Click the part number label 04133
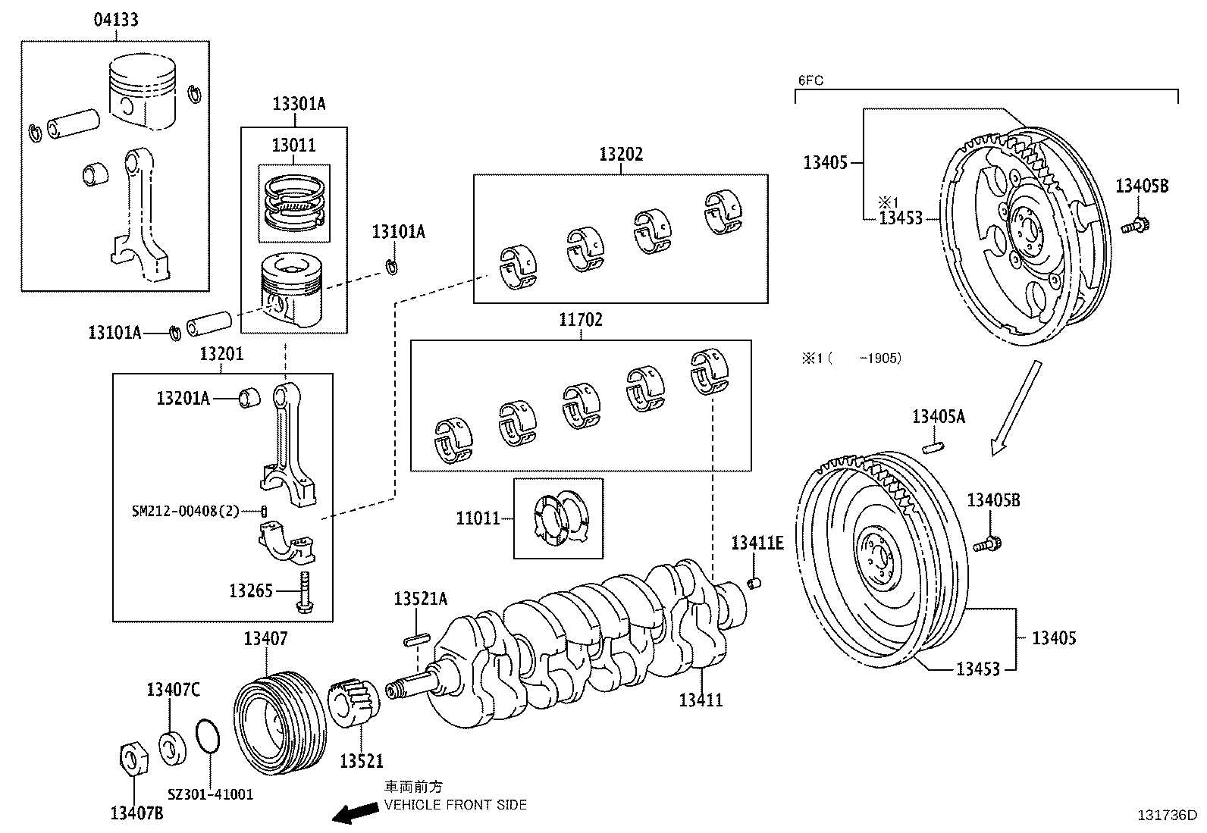(x=116, y=20)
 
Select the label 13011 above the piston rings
(x=293, y=145)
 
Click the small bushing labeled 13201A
(x=249, y=397)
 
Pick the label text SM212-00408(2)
(x=185, y=512)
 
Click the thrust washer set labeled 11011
(x=560, y=518)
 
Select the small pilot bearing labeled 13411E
(x=754, y=582)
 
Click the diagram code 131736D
(x=1167, y=816)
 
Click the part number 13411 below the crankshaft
(x=701, y=700)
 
